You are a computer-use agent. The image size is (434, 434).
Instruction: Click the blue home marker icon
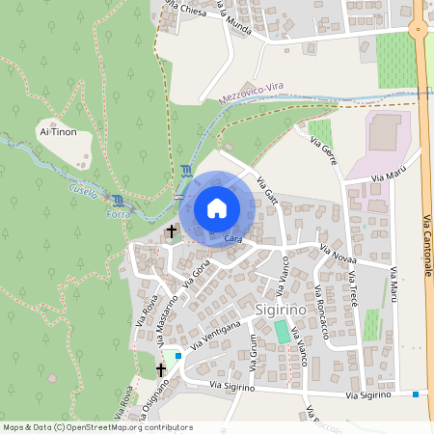tap(216, 207)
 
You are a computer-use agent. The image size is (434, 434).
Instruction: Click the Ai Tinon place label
tap(57, 132)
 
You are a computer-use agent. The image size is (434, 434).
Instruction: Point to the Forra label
tap(117, 214)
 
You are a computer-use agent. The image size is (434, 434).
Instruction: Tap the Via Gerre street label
tap(323, 152)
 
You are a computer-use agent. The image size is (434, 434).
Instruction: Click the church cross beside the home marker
tap(172, 231)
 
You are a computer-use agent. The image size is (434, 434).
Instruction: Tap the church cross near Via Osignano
tap(161, 370)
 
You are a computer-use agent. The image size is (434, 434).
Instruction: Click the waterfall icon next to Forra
tap(119, 200)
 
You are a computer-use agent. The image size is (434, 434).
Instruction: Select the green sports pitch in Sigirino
tap(281, 331)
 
